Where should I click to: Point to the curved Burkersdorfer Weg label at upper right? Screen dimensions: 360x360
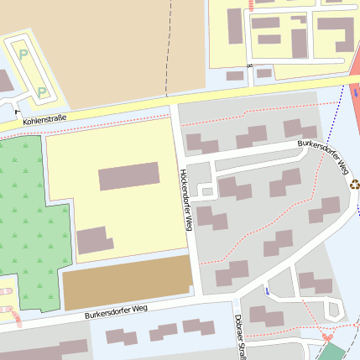(x=323, y=155)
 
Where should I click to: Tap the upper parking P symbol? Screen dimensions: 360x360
(x=23, y=55)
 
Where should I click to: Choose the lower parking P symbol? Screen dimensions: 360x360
(x=41, y=91)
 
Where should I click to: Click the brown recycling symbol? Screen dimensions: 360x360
(x=355, y=184)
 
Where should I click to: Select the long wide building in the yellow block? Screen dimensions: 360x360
(x=128, y=176)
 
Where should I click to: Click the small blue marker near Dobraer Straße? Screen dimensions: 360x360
(x=267, y=290)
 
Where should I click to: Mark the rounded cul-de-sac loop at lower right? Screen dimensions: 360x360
(x=334, y=310)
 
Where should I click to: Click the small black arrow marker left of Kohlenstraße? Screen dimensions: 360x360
(x=17, y=107)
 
